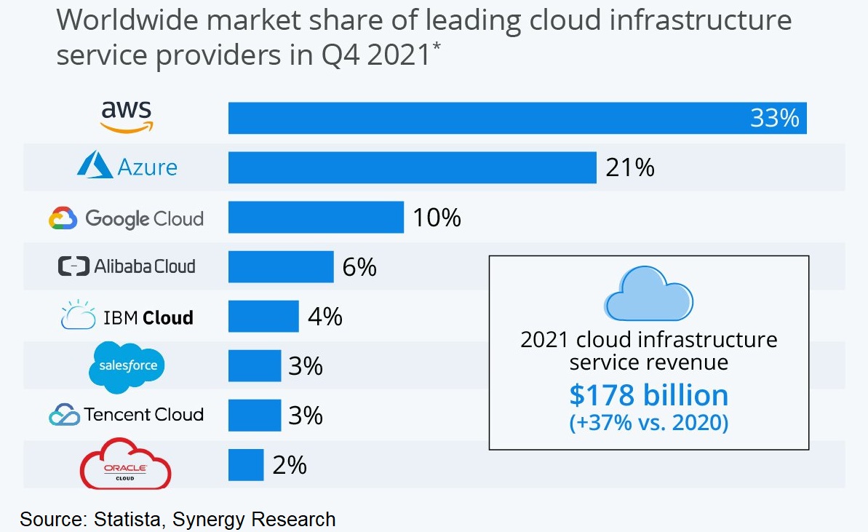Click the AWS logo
[127, 116]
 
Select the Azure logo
[127, 167]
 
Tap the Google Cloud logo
[126, 218]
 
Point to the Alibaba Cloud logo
[127, 266]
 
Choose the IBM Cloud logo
[127, 317]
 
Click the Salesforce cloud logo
[127, 366]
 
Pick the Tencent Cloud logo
[126, 415]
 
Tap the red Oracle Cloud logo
[125, 464]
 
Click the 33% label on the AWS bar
[774, 118]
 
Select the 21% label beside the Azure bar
[629, 167]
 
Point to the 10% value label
[437, 218]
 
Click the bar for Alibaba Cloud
[281, 266]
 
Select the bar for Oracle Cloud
[246, 464]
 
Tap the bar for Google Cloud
[316, 217]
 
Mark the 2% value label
[289, 465]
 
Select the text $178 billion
[648, 395]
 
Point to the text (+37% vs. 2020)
[648, 423]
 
